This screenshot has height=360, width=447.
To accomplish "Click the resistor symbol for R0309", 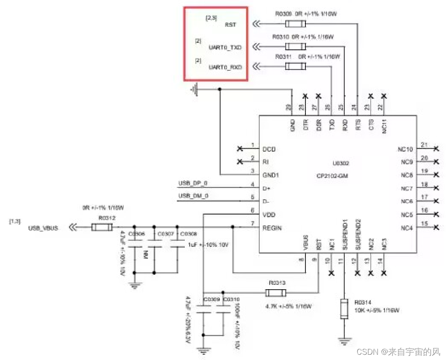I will coord(295,24).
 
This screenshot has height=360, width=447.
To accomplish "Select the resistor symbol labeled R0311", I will coord(295,66).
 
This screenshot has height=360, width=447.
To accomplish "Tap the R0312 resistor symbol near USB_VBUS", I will coord(102,227).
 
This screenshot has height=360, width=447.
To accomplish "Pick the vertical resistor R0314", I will coord(345,309).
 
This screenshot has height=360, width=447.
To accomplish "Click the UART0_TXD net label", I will coord(225,46).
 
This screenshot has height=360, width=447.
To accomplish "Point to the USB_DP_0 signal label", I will coord(193,183).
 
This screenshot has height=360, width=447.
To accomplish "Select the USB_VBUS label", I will coord(43,228).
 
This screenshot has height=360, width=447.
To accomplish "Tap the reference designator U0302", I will coord(331,163).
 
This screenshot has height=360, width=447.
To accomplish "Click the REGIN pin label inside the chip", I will coord(272,228).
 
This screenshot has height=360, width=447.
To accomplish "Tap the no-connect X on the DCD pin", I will coord(239,149).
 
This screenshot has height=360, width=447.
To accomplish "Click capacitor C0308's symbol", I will coord(177,246).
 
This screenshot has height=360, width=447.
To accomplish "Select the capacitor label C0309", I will coord(211,300).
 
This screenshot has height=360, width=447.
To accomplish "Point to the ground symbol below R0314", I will coord(345,340).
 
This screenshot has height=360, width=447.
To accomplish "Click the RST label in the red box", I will coord(230,24).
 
